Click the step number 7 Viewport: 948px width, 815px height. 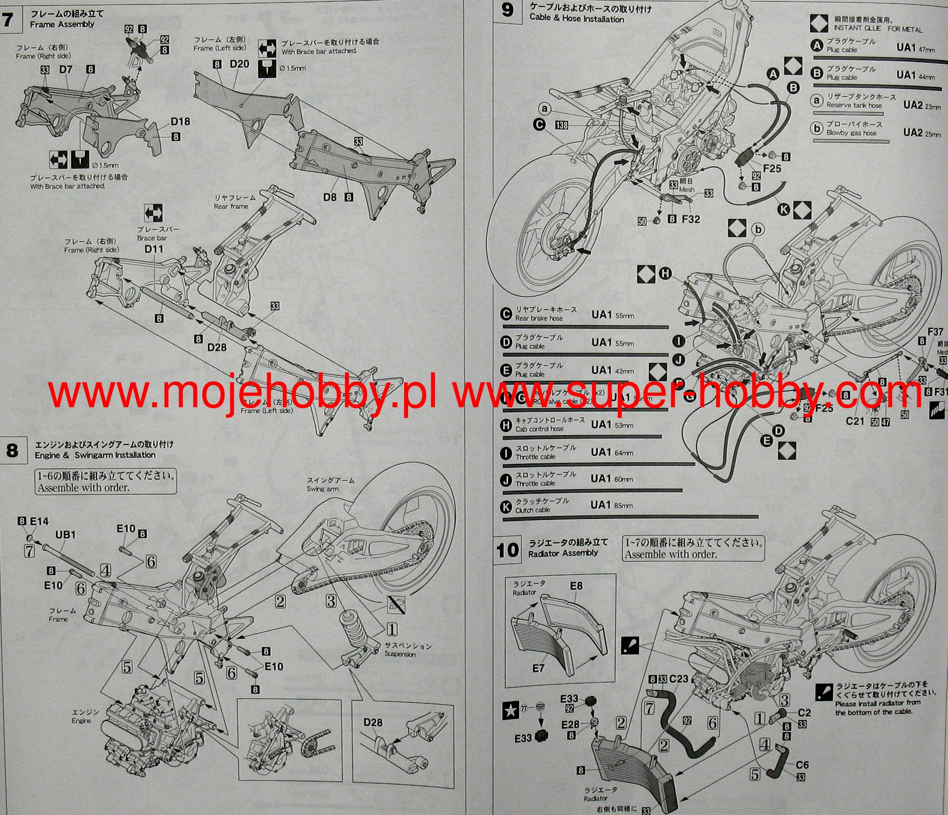tap(7, 20)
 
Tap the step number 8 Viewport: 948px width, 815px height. tap(12, 450)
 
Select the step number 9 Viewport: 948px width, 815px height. tap(508, 10)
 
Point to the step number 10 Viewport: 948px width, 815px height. tap(507, 550)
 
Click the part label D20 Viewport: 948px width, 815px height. tap(239, 64)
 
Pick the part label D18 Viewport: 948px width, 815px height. tap(180, 121)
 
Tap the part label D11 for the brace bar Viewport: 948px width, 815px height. tap(154, 249)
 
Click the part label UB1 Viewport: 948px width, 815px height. tap(65, 534)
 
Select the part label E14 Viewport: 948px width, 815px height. tap(39, 521)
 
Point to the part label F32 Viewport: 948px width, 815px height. tap(690, 219)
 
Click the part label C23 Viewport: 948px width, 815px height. tap(678, 679)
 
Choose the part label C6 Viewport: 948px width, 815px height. tap(802, 765)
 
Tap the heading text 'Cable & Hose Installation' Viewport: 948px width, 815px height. tap(576, 19)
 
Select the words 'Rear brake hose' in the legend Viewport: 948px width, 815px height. tap(538, 318)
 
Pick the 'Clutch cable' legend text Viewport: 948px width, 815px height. tap(532, 510)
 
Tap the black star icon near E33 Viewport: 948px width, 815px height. tap(511, 710)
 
